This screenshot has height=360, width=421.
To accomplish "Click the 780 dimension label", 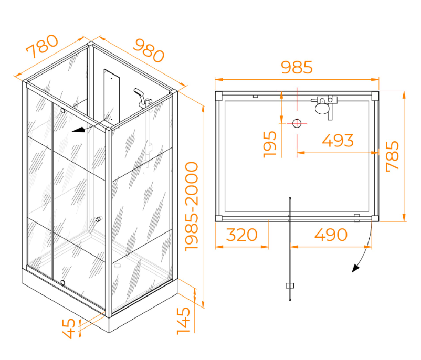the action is [42, 46].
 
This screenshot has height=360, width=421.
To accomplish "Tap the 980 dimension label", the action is [149, 50].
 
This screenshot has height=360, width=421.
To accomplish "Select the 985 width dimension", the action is [297, 67].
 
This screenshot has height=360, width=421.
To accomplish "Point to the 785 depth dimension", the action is [392, 156].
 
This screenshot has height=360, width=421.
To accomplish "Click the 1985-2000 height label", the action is [192, 207].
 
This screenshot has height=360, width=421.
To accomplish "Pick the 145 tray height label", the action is [183, 321].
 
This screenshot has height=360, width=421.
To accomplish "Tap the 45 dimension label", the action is [69, 329].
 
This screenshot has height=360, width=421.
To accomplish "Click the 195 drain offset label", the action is [270, 144].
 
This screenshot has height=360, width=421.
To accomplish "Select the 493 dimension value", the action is [338, 141].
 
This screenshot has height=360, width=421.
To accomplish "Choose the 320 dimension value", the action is [242, 235].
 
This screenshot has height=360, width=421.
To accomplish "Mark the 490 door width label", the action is [331, 235].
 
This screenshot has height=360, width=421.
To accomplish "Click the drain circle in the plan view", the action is [297, 123].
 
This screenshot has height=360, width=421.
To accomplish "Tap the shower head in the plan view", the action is [322, 108].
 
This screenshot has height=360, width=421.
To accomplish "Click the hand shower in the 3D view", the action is [139, 93].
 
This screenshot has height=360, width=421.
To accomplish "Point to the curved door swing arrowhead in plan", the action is [355, 268].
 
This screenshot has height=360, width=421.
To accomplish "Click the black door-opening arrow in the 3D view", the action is [78, 130].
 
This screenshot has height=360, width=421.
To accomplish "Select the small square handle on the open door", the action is [290, 285].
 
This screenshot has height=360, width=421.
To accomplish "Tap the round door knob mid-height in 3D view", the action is [98, 219].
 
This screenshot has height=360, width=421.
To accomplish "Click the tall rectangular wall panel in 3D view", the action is [112, 96].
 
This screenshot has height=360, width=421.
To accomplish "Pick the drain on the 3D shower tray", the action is [117, 266].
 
